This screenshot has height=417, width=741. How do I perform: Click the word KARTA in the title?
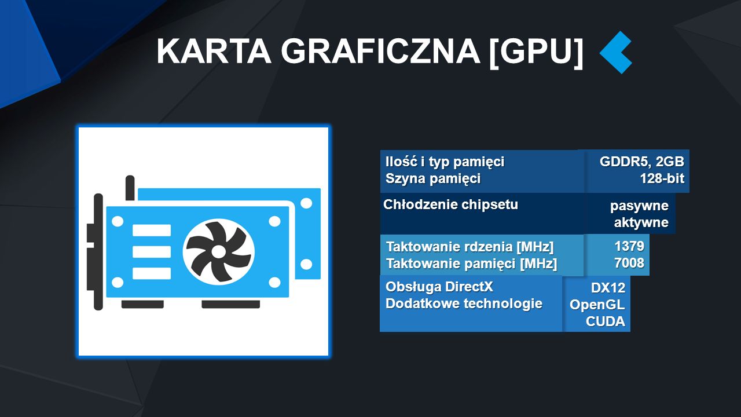click(214, 52)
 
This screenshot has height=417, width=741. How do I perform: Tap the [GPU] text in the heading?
click(535, 52)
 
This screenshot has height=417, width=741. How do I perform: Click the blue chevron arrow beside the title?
click(616, 52)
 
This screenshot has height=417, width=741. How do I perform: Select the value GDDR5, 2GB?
click(642, 162)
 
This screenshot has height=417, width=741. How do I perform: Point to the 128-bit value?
click(662, 178)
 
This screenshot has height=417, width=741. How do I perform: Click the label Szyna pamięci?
click(432, 179)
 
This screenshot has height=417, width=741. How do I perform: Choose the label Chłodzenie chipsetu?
click(450, 204)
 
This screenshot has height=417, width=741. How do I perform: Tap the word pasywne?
click(639, 206)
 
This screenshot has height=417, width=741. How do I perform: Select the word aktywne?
click(641, 222)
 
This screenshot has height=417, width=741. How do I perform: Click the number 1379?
click(629, 246)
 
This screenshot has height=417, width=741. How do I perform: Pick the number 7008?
click(629, 263)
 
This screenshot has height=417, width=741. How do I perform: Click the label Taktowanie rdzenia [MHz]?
click(469, 247)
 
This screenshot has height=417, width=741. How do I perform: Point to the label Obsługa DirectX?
click(439, 287)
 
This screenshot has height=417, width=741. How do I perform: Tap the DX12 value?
click(608, 288)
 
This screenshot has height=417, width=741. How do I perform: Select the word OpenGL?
click(597, 305)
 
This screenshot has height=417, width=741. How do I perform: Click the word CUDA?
click(606, 321)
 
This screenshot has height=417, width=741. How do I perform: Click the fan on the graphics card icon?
click(219, 252)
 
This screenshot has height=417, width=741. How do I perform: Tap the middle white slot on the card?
click(152, 252)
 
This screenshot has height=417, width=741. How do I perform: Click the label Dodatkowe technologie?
click(464, 303)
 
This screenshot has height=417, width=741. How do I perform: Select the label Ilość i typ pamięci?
click(445, 162)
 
